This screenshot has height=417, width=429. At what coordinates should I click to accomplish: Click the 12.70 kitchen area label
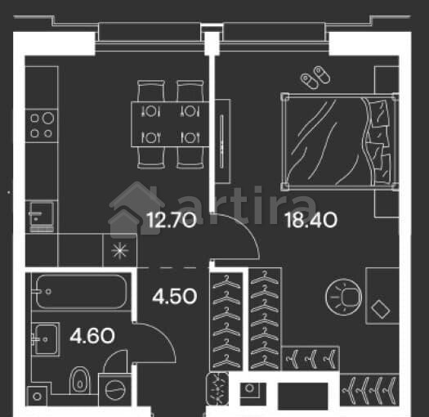coord(172,221)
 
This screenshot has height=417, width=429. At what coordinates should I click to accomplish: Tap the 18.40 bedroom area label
coord(311,221)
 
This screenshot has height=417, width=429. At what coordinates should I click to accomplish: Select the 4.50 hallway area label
coord(175,297)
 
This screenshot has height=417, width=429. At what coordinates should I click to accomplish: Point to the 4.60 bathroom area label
coord(92,336)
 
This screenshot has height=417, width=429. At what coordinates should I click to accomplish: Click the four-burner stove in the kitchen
coord(42,126)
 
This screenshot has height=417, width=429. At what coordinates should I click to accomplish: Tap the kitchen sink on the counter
coord(42,217)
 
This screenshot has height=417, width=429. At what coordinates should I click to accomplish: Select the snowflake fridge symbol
coord(120,250)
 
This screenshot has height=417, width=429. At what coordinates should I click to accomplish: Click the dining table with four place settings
coord(170,124)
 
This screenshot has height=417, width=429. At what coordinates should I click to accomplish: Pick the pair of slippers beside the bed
coord(315,77)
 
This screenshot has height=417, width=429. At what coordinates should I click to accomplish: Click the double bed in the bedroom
coord(340,141)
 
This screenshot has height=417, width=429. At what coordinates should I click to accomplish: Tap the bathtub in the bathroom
coord(81,292)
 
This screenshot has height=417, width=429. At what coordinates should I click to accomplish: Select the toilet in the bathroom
coord(80,380)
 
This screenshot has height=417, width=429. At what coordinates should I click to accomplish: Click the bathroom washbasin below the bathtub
coord(46,339)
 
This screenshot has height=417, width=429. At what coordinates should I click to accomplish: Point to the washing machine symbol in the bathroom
coord(115,390)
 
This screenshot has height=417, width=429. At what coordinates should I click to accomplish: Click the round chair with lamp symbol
coord(344,297)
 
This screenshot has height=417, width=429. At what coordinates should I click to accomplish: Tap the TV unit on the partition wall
coord(222,141)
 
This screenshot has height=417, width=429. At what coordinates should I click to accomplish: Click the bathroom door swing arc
coord(162,334)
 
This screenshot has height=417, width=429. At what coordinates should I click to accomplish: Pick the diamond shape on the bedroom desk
coord(381,309)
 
